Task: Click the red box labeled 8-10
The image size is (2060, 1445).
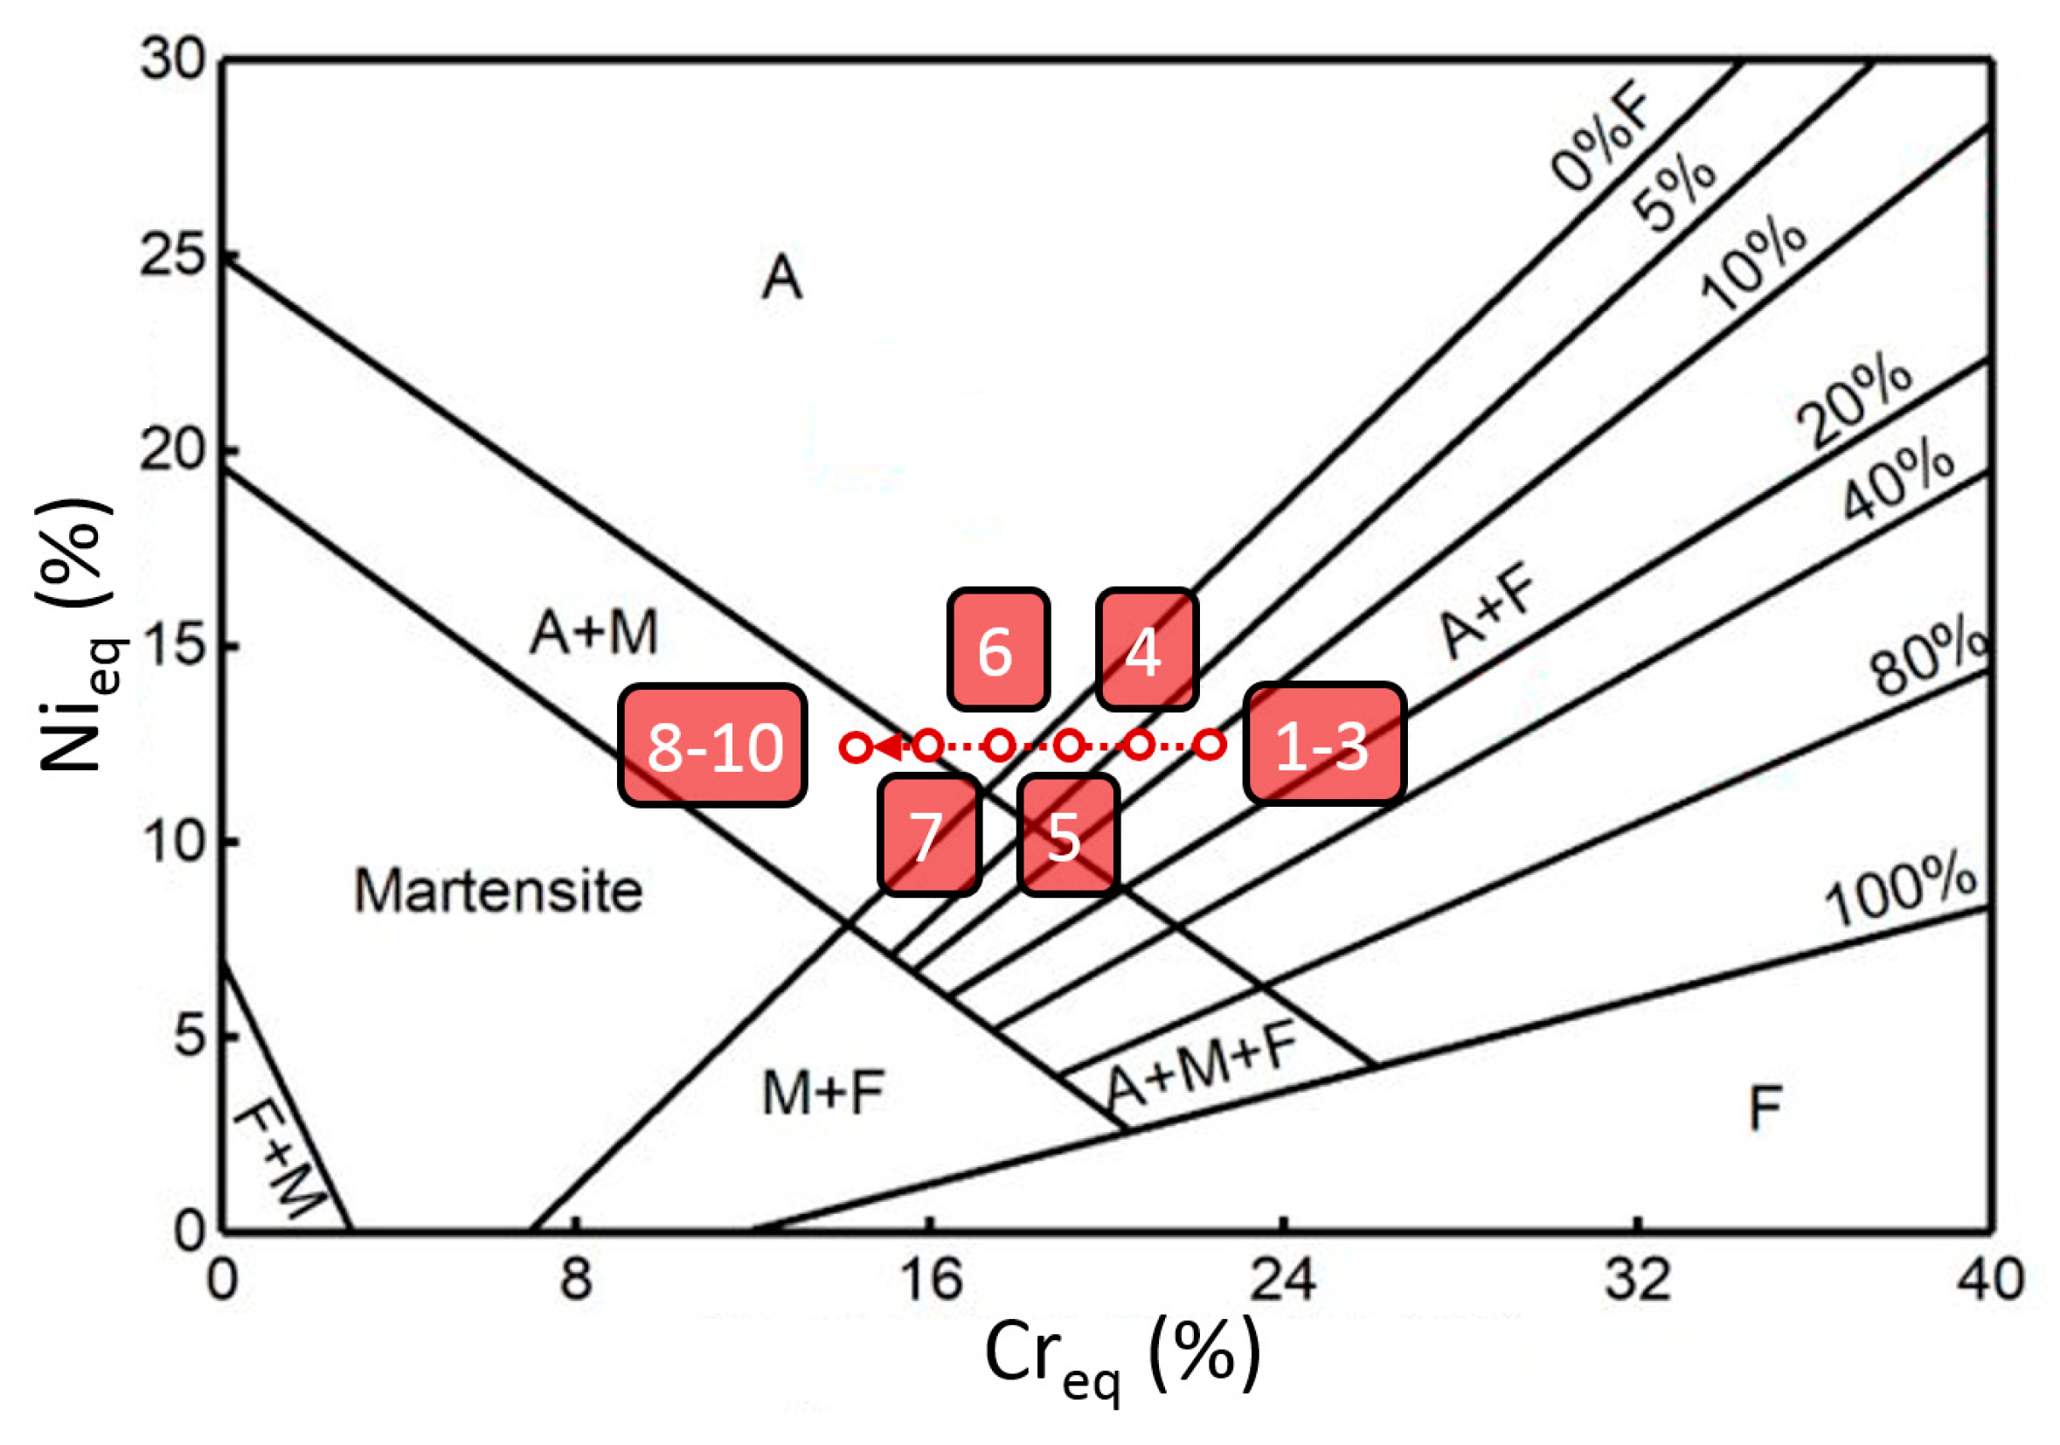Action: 712,746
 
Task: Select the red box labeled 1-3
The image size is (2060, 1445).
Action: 1323,744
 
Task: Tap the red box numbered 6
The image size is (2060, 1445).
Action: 998,650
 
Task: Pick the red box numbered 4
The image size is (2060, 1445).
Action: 1146,650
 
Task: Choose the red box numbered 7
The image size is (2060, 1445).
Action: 928,837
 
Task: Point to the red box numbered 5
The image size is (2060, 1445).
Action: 1067,837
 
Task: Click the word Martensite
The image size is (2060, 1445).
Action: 499,892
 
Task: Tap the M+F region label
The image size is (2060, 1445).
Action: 822,1094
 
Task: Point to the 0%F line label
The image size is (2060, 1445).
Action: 1601,141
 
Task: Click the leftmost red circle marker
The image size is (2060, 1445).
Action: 857,747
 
